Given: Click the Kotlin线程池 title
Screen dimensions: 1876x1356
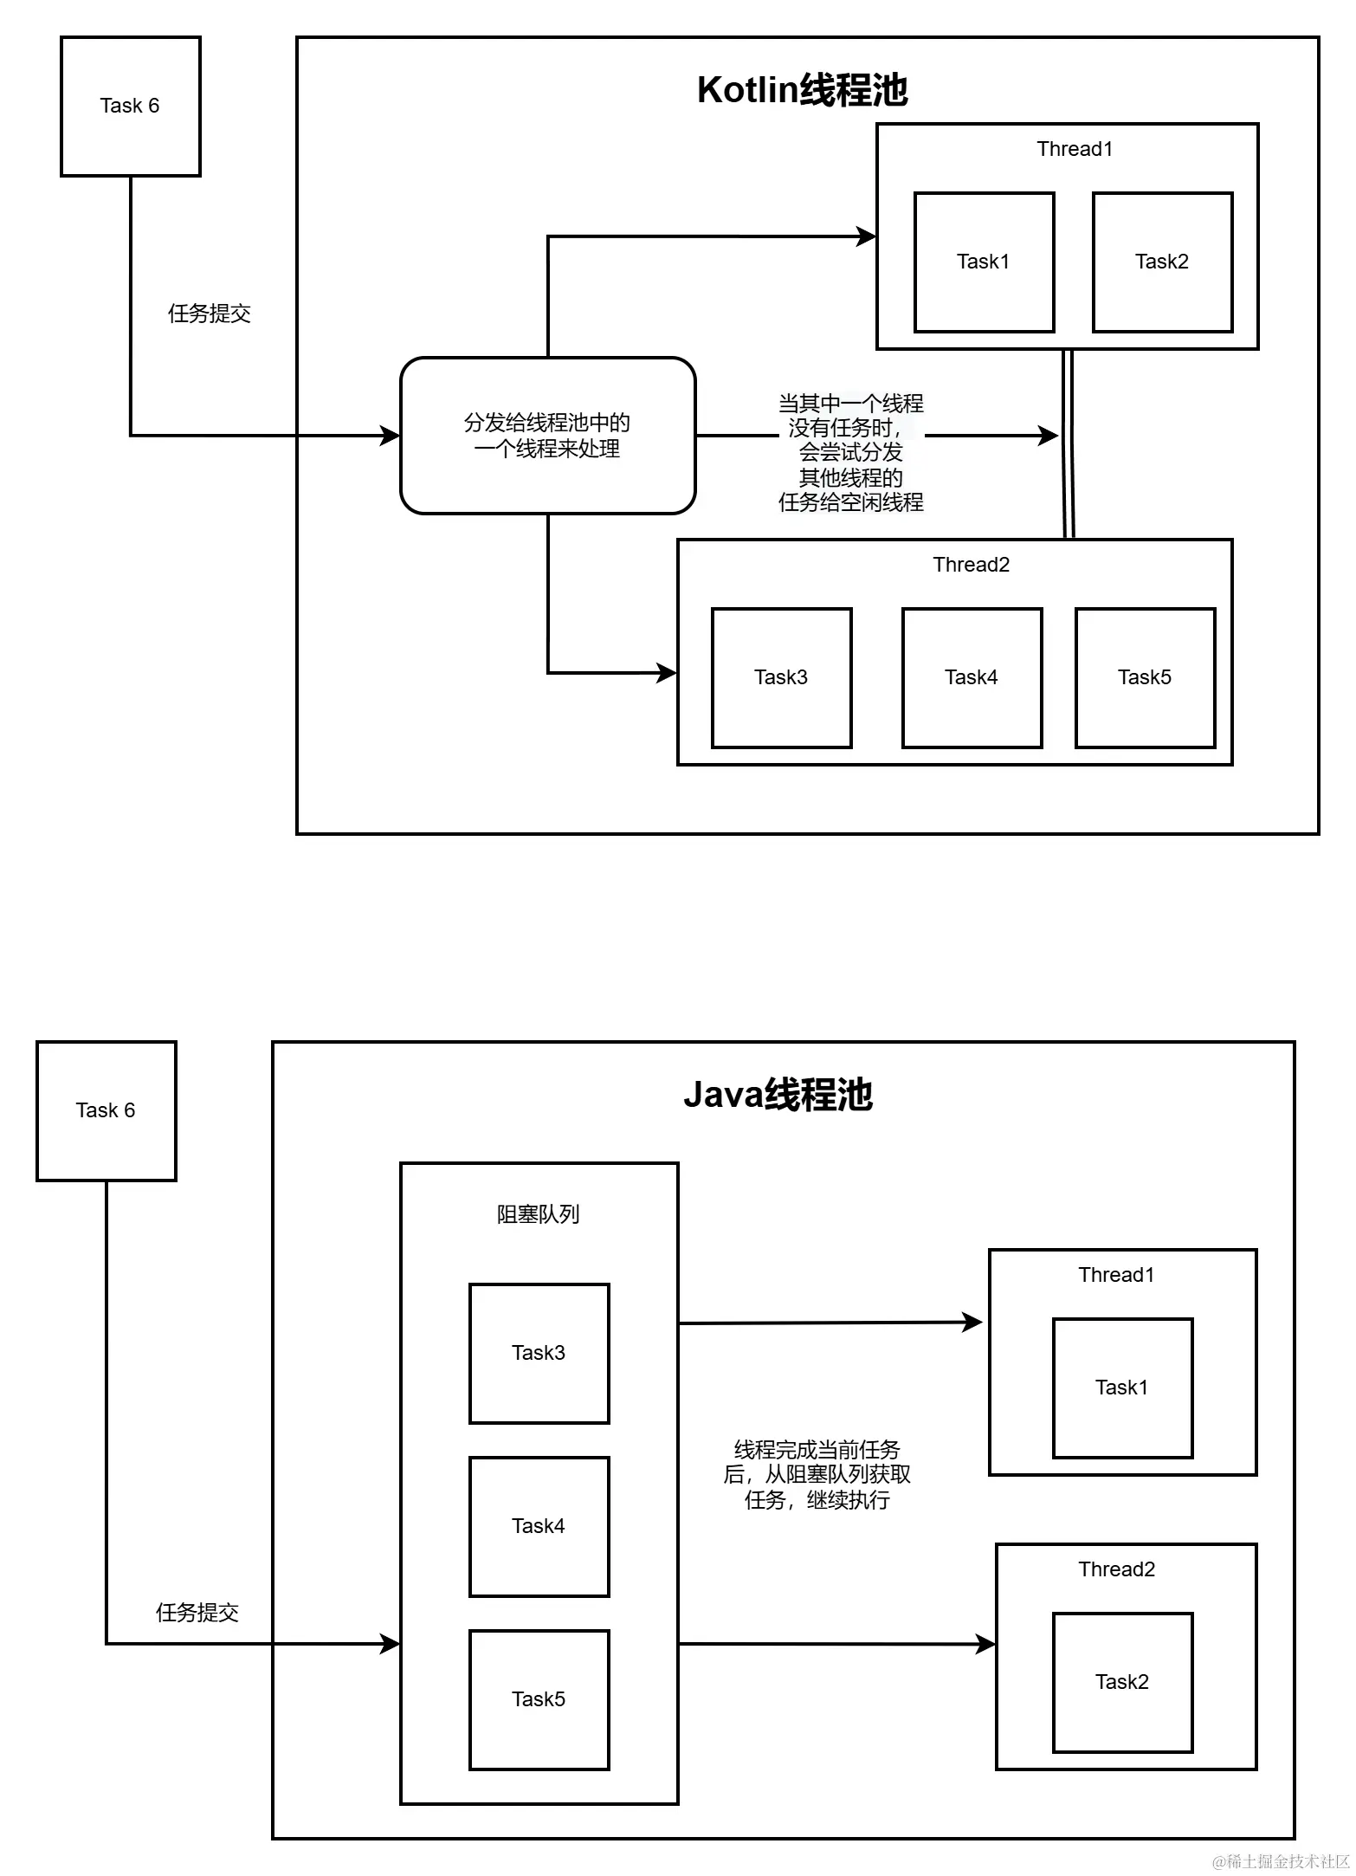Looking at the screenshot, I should coord(802,90).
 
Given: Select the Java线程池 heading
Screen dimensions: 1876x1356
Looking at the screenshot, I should coord(778,1095).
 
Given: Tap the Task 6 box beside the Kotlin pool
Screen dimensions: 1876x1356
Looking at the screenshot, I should coord(130,107).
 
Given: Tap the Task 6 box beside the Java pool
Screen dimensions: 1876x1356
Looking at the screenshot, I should coord(106,1111).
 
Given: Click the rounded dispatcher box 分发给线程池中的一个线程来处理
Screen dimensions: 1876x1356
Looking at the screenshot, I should coord(547,436).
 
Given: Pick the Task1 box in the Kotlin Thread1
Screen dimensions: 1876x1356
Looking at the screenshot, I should coord(984,262).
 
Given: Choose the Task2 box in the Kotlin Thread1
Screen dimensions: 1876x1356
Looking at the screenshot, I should coord(1162,262).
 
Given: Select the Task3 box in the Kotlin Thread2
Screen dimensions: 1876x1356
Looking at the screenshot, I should coord(781,678).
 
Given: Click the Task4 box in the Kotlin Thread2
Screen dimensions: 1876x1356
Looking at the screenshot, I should coord(972,678).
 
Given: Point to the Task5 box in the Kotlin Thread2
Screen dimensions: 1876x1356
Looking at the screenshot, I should coord(1145,678).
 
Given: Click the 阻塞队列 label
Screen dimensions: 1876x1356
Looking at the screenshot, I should coord(538,1214).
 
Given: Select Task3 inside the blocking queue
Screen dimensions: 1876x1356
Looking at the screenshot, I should coord(539,1354).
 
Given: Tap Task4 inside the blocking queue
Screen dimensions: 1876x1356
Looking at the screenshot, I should coord(539,1527).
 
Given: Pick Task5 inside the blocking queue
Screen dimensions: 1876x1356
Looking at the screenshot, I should coord(539,1700).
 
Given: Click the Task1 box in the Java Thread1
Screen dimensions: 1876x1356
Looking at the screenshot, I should coord(1122,1388).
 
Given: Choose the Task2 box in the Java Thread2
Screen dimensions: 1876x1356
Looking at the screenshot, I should coord(1122,1683).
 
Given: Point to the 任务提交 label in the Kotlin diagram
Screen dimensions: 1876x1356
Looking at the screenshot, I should coord(210,314).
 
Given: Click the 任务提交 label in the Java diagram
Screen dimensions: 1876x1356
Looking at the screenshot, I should coord(197,1613).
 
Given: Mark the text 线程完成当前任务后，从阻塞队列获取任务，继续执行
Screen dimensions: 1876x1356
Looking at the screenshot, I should coord(817,1474).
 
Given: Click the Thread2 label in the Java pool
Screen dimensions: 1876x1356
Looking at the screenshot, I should coord(1116,1569).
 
